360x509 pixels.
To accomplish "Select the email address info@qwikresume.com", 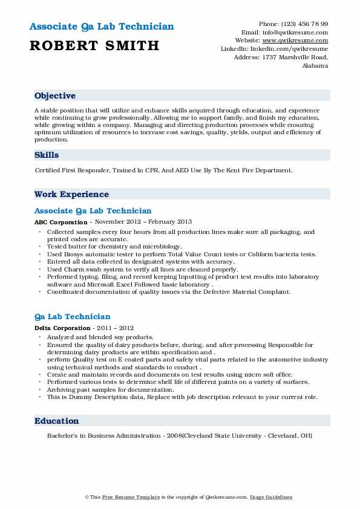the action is [x=296, y=31].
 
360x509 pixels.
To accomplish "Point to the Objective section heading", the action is [x=55, y=96].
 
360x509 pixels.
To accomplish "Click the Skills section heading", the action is [x=47, y=155].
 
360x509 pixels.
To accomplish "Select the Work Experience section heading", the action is [x=71, y=194].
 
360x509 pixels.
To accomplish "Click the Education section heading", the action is [x=56, y=421].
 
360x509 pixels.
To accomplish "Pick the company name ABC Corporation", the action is [x=61, y=222].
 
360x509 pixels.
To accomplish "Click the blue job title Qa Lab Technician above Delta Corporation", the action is [x=73, y=317].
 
